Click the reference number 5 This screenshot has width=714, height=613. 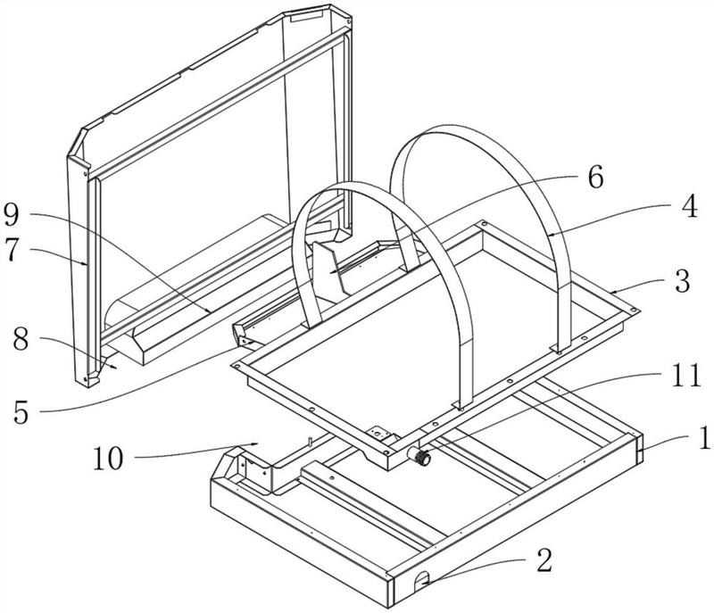19,411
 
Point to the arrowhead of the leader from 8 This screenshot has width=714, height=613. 116,366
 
